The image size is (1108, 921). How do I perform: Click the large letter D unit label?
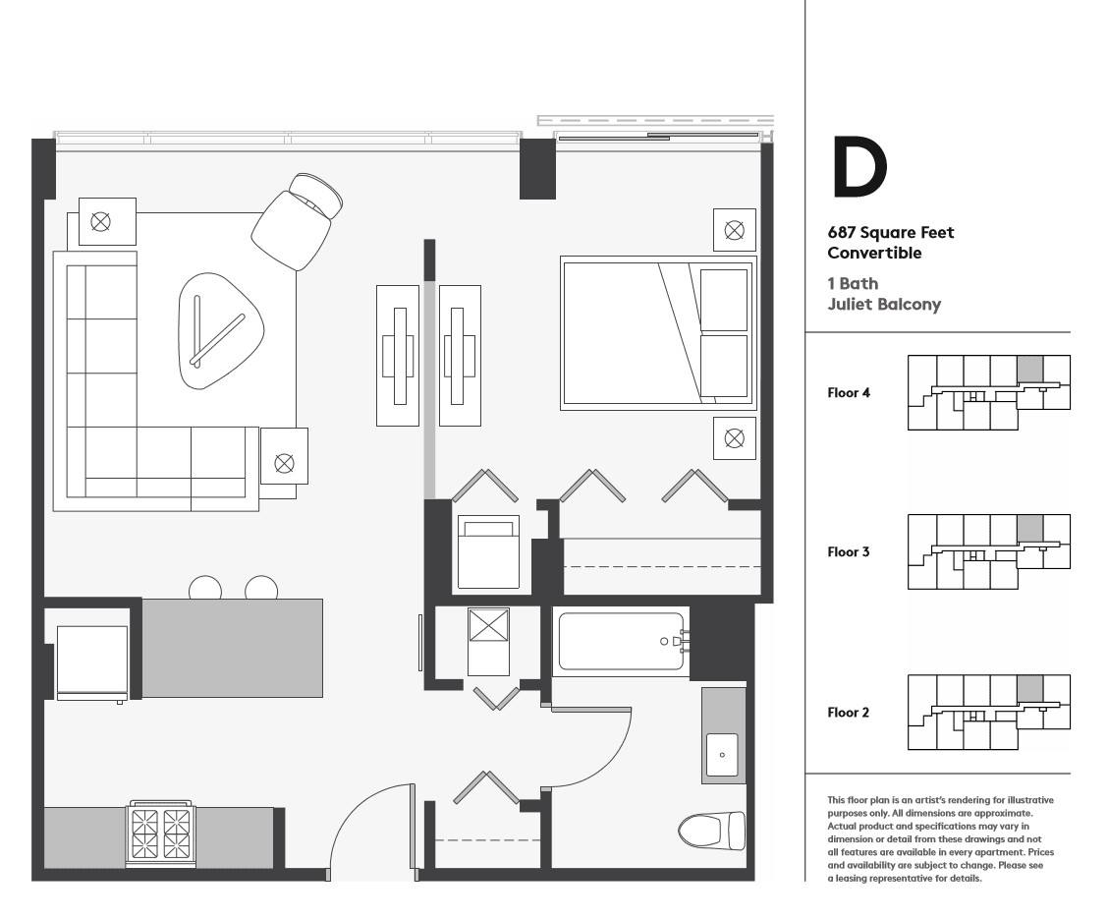coord(859,167)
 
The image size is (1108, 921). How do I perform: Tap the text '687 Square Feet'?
coord(890,233)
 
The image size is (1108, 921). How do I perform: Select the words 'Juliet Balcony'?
coord(884,304)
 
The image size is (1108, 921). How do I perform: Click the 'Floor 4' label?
coord(849,392)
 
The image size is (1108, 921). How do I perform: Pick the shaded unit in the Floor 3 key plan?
coord(1029,529)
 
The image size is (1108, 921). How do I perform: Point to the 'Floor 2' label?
coord(849,713)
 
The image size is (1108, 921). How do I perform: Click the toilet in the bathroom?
coord(711,831)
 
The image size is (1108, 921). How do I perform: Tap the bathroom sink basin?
coord(722,755)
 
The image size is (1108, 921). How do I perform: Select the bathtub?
coord(622,641)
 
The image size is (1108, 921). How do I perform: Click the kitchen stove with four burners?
coord(161,834)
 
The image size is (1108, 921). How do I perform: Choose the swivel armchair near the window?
coord(297,220)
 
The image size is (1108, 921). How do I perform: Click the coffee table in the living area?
coord(220,330)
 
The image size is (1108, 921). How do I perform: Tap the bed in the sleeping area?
coord(658,333)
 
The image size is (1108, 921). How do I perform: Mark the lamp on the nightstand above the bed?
coord(734,230)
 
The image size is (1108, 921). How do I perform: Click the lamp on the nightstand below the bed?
coord(734,438)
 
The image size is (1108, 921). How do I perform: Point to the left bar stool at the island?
coord(205,589)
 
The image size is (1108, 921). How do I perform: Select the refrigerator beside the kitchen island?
coord(92,662)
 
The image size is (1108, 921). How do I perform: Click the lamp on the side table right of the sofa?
coord(284,463)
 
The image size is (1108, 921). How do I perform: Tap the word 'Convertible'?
coord(874,254)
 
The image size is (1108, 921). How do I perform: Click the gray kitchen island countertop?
coord(233,648)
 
